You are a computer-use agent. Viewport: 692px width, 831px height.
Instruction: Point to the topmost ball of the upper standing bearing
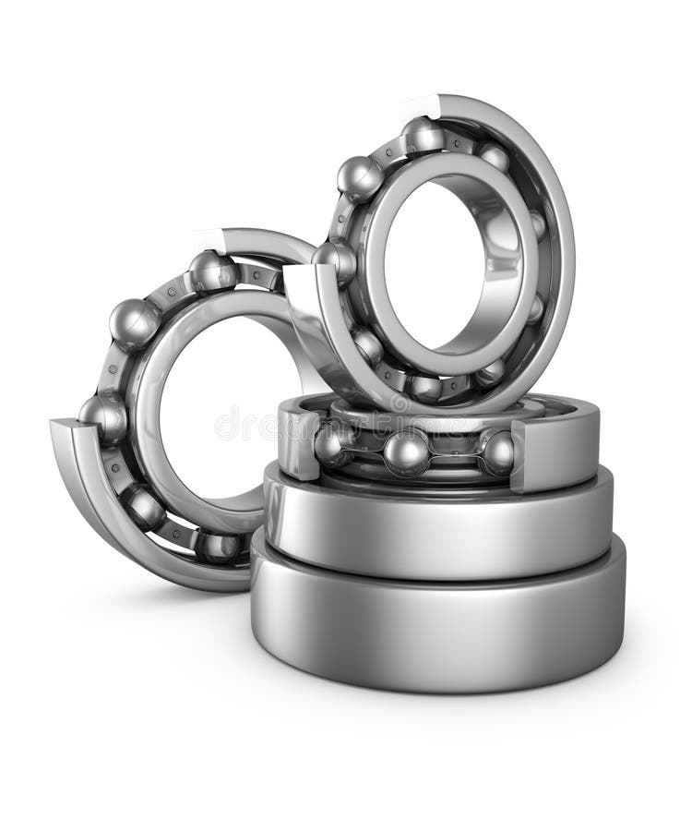424,135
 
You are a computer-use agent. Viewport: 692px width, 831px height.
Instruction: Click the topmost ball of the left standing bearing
212,271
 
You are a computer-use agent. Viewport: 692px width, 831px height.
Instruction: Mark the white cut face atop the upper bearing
420,105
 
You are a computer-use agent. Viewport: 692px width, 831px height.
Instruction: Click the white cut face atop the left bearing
209,239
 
